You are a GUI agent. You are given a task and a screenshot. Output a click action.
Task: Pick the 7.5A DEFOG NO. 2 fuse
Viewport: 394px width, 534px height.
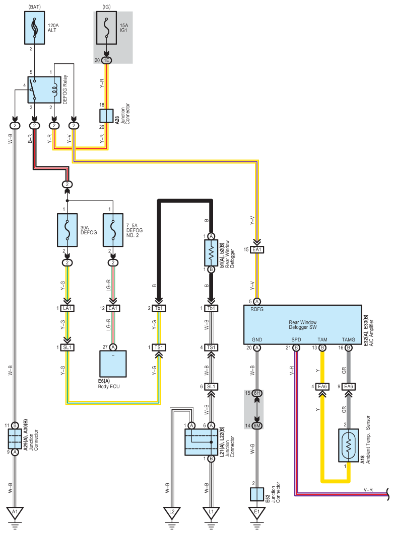(x=113, y=231)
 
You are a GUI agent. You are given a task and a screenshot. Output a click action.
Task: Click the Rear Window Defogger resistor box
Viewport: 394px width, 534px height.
(x=211, y=252)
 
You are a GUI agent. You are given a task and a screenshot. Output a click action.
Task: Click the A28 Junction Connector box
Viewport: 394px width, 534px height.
(x=106, y=116)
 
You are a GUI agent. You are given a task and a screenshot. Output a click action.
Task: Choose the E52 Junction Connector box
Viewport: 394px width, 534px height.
(x=257, y=493)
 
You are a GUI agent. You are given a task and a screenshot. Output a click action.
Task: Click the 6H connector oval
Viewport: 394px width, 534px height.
(x=257, y=393)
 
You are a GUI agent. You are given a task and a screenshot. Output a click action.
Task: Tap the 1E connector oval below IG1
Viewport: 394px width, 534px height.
(x=106, y=60)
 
